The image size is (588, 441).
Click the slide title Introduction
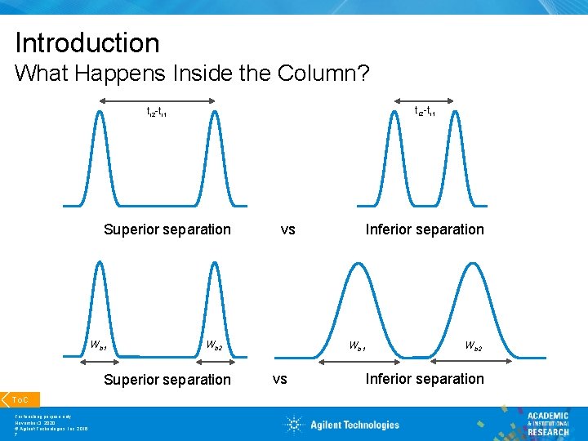point(87,42)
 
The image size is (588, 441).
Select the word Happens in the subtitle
point(133,73)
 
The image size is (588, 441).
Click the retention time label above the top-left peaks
point(157,112)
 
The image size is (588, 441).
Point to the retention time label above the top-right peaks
point(425,111)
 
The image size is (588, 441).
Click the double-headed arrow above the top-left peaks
point(157,100)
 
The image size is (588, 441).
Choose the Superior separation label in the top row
point(167,229)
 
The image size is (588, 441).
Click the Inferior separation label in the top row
point(425,229)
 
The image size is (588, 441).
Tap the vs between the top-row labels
point(287,229)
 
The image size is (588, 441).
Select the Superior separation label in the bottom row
point(167,379)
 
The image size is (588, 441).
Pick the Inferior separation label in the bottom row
point(425,379)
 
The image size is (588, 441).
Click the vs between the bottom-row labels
point(279,379)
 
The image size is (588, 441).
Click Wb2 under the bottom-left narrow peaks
point(214,345)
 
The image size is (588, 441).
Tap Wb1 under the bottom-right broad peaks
point(358,345)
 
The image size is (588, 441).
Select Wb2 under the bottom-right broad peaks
point(474,345)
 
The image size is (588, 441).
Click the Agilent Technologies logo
point(342,424)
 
